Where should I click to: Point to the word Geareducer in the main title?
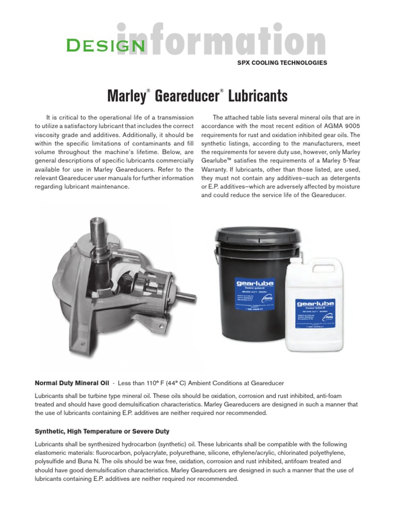187,96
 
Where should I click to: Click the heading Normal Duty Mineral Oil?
71,383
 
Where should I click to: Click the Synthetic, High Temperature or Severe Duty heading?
102,431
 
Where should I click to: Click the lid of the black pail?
251,235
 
